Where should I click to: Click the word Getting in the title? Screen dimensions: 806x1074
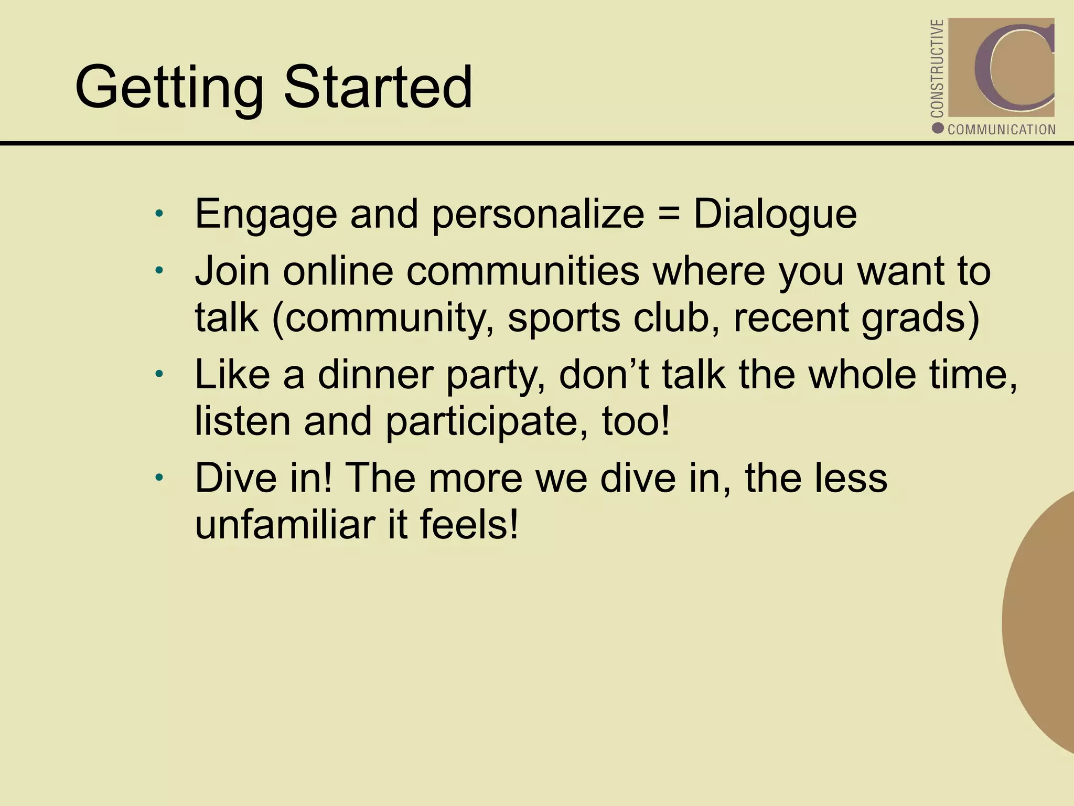click(169, 88)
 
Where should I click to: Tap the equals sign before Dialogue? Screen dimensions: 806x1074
click(669, 214)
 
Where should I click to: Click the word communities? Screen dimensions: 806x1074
click(522, 271)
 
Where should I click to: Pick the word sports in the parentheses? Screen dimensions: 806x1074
click(564, 319)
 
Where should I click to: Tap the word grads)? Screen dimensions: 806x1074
click(921, 319)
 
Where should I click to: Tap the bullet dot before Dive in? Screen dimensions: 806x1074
click(159, 478)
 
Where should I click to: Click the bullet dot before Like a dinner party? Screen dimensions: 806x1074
click(159, 375)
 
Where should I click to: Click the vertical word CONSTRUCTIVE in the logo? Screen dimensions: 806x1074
click(937, 68)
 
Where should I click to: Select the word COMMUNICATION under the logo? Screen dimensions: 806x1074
click(1001, 130)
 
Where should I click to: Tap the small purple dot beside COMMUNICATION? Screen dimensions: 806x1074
click(938, 128)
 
